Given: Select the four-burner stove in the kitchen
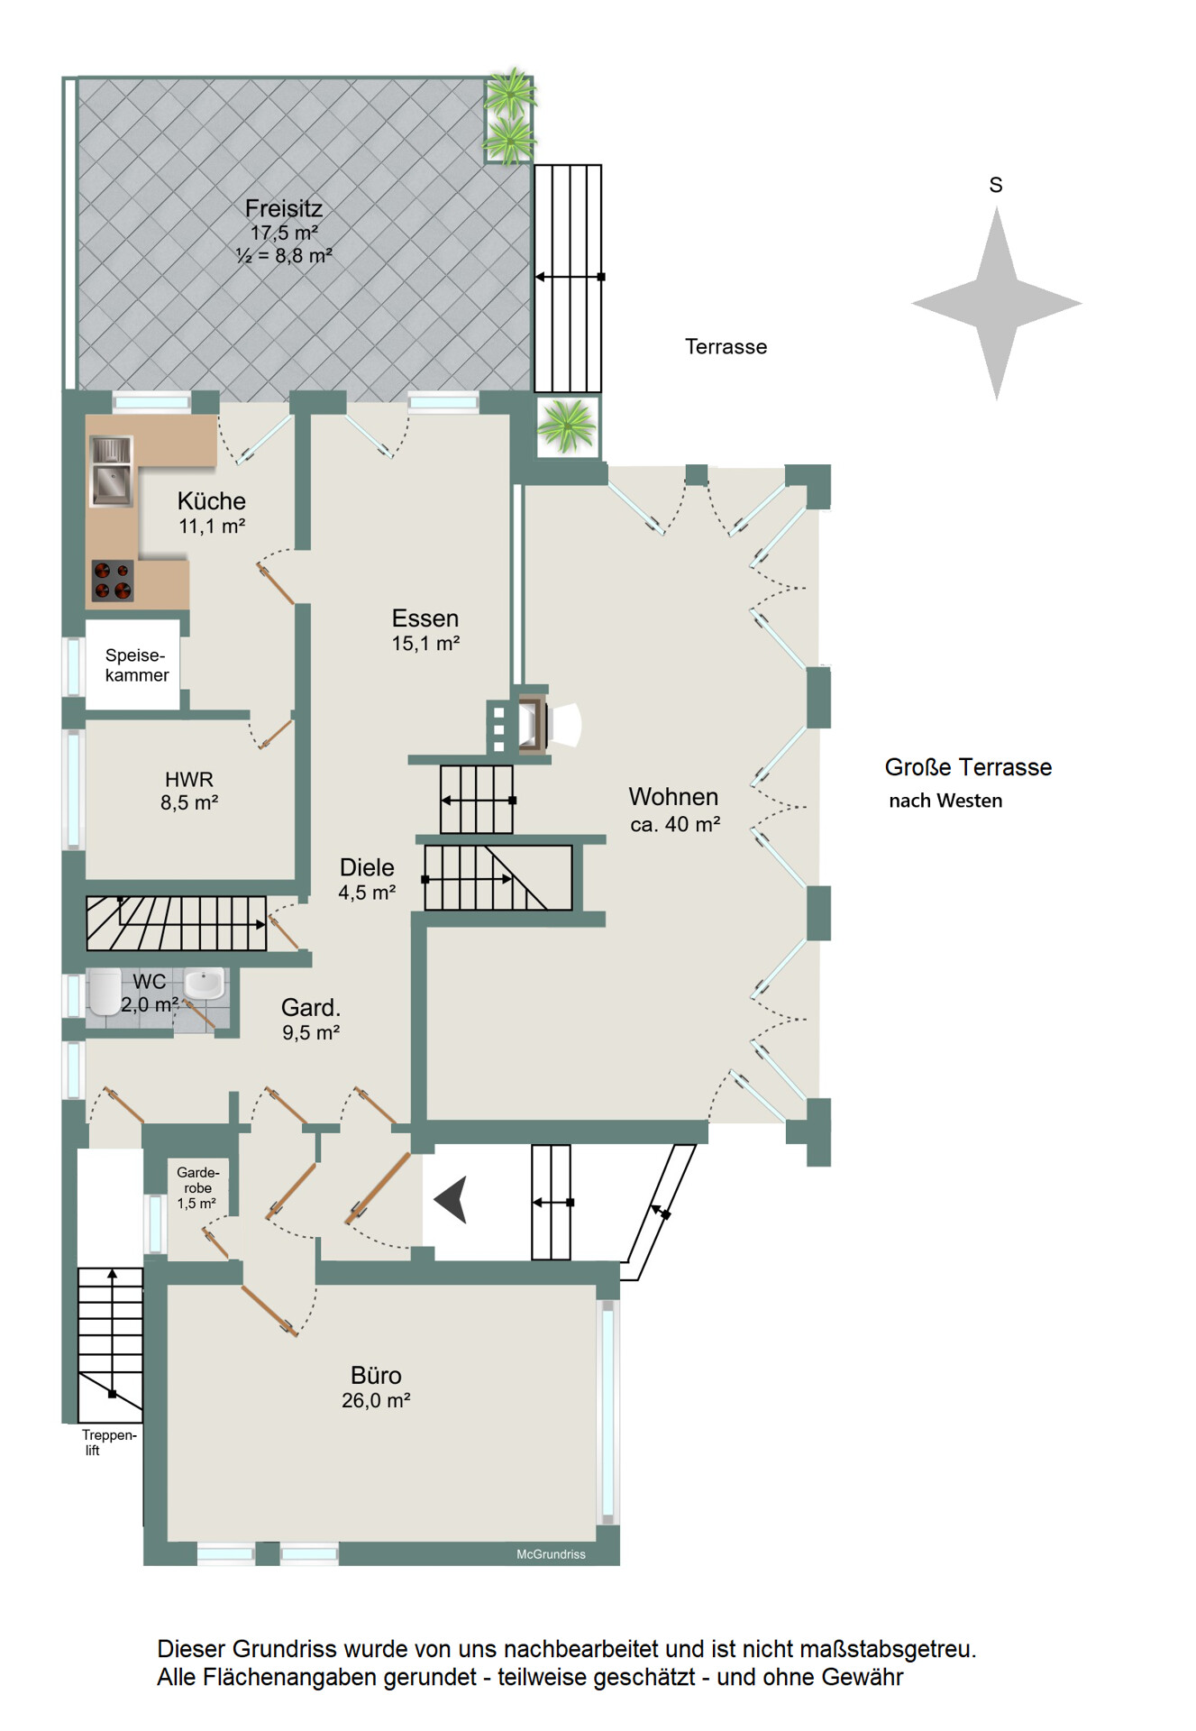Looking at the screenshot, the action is [x=113, y=581].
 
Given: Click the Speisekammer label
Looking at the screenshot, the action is [x=136, y=665].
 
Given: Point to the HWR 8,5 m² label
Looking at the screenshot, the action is [x=189, y=791].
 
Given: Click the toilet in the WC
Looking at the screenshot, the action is [x=105, y=993].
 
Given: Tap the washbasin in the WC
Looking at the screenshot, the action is [x=205, y=984].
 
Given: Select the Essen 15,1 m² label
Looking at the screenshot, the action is [x=425, y=629].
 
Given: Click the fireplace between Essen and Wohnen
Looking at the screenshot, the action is [x=534, y=723].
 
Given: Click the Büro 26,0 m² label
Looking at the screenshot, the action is [x=376, y=1387].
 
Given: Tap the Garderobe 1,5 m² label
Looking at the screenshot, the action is [x=197, y=1187].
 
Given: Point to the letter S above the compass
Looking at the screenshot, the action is [x=996, y=185].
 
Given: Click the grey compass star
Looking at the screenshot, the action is [x=997, y=304].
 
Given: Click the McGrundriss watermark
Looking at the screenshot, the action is [x=551, y=1554].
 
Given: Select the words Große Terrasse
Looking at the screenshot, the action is [x=968, y=767].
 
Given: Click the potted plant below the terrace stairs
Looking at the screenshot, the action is [x=567, y=426].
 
